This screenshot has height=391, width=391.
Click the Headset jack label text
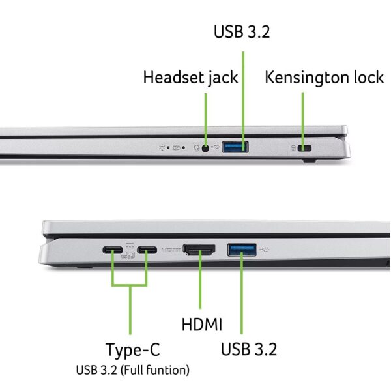coord(190,78)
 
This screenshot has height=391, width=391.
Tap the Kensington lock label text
coord(324,78)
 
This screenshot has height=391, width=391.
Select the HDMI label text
coord(202,325)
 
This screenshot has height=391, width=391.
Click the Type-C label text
coord(133,350)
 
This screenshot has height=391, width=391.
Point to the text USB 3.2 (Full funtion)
coord(133,370)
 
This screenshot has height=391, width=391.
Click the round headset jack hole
coord(205,149)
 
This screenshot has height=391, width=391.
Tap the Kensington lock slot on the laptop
coord(304,148)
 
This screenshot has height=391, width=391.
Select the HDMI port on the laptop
coord(199,250)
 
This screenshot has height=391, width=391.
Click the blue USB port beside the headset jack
coord(235,147)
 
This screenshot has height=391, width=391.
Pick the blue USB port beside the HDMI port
coord(242,250)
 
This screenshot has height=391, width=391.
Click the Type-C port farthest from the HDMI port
coord(113,250)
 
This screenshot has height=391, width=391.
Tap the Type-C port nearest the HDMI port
coord(147,250)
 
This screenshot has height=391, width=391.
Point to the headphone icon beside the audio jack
coord(197,148)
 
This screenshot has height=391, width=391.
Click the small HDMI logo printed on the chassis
coord(171,250)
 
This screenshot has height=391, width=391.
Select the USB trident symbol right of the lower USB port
coord(264,250)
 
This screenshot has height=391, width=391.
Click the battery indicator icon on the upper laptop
coord(177,148)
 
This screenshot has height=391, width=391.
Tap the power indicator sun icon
coord(162,148)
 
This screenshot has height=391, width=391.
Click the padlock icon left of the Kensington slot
coord(293,149)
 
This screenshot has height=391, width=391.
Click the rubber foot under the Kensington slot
coord(310,160)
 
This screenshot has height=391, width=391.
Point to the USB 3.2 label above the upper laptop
coord(242,32)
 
